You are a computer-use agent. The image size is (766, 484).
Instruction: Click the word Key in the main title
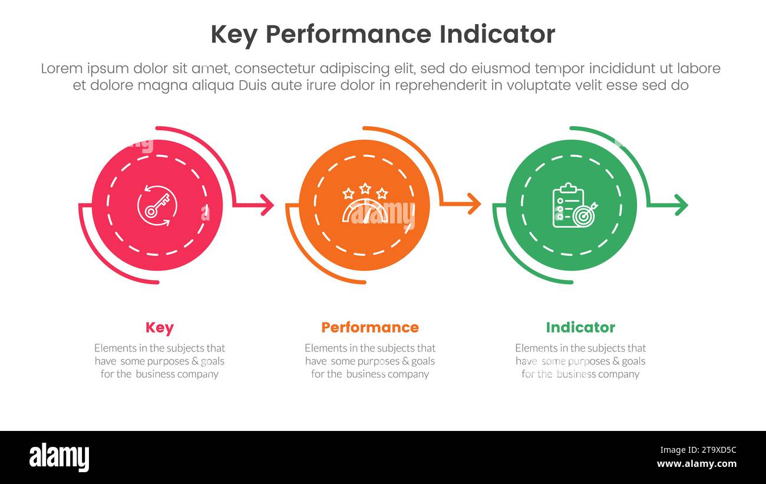pos(233,35)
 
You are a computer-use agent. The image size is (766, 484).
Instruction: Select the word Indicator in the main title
pos(497,35)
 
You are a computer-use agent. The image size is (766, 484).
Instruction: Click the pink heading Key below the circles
pos(159,328)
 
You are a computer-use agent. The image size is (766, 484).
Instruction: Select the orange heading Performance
pos(369,328)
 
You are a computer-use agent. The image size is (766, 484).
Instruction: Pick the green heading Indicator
pos(580,328)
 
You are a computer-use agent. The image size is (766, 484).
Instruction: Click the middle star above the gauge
pos(365,189)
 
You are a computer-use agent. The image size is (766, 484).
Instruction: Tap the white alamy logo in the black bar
pos(59,457)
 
